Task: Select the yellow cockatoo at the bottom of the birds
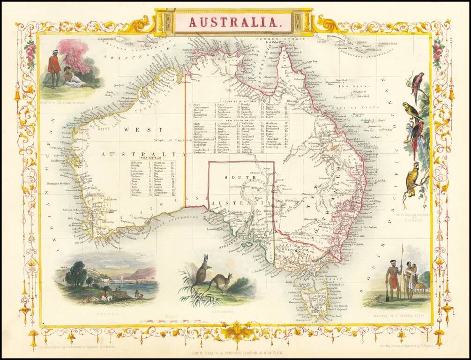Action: (x=413, y=179)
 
